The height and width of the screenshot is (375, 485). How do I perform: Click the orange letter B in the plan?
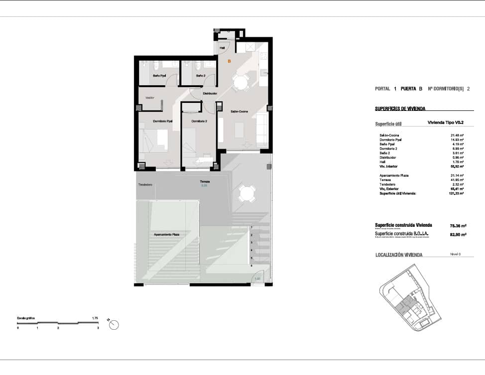229,61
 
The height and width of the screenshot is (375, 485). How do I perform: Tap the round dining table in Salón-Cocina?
242,83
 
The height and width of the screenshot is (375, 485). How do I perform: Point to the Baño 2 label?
201,76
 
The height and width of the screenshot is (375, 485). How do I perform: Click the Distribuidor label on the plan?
210,94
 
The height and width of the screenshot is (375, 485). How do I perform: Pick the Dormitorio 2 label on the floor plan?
199,121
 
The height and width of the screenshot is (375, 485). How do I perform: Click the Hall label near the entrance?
222,48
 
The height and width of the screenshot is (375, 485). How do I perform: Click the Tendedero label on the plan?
145,185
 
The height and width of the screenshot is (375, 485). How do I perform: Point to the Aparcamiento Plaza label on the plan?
167,234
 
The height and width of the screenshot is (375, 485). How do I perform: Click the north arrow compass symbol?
114,325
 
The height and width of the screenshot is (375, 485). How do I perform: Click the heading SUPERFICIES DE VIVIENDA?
400,108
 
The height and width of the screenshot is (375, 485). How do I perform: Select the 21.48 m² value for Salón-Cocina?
457,135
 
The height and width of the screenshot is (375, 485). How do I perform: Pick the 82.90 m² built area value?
458,234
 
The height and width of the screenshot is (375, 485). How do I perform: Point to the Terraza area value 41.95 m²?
457,180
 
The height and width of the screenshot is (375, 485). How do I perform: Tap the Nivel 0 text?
455,254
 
